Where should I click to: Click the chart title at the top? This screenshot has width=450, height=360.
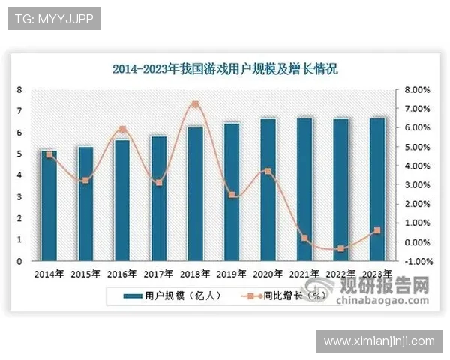[225, 69]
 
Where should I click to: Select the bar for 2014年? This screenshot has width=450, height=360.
[49, 205]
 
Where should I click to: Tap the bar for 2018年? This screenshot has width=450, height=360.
[195, 193]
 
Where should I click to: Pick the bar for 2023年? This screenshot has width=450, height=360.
[378, 189]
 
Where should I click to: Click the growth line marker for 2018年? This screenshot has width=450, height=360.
[195, 103]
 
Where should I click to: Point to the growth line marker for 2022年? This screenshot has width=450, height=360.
[341, 248]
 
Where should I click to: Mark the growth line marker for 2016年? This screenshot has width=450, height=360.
[122, 129]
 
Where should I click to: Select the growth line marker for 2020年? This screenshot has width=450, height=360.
[268, 172]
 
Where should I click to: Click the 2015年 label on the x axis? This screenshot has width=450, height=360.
[85, 274]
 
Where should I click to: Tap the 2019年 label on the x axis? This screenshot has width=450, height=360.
[232, 274]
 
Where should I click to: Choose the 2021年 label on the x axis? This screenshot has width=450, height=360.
[304, 274]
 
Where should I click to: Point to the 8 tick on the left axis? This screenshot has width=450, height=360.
[19, 90]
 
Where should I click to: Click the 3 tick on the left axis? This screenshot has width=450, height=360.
[19, 197]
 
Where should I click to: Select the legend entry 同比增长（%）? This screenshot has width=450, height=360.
[293, 295]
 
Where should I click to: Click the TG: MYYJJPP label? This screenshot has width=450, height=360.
[54, 19]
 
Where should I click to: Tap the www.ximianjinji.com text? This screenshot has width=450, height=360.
[379, 341]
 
